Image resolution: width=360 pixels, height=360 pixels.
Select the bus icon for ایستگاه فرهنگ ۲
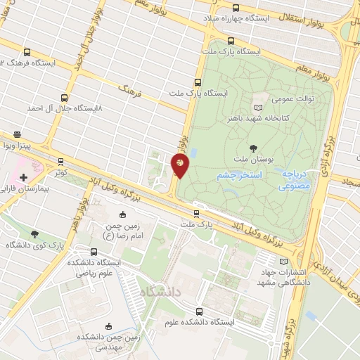27,52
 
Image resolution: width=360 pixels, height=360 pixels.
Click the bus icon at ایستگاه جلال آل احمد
65,98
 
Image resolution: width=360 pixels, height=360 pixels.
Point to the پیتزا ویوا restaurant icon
17,134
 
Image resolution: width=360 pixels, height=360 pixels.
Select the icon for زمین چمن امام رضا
124,214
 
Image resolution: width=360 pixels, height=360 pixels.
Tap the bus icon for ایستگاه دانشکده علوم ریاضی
94,251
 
